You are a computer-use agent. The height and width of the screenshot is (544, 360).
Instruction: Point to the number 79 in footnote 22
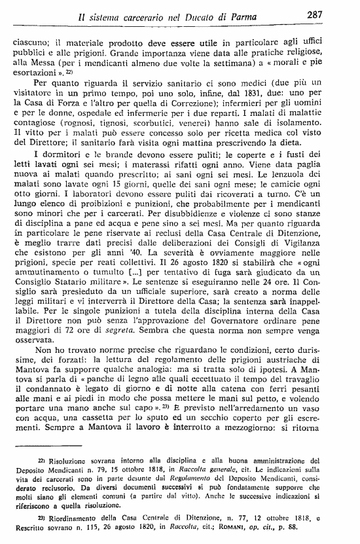coord(109,471)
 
